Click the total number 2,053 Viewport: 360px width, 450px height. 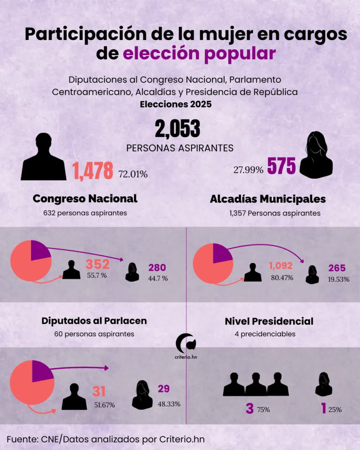pos(177,129)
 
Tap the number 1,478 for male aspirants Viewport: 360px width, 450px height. pos(92,171)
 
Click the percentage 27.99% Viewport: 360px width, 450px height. pos(248,170)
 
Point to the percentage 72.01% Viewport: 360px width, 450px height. pos(133,174)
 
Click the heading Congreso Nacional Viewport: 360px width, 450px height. pos(85,199)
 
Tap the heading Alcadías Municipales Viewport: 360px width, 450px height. pos(268,199)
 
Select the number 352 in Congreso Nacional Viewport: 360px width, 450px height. pos(97,264)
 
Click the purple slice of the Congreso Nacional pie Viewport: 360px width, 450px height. pos(40,250)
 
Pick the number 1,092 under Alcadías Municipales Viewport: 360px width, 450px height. pos(280,266)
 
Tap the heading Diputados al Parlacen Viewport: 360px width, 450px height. pos(94,321)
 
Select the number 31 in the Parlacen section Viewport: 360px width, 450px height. pos(99,392)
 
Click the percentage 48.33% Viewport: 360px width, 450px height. pos(169,404)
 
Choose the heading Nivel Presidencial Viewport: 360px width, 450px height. pos(269,321)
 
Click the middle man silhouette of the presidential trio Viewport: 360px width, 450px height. pos(256,384)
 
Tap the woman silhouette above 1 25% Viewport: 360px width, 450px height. pos(323,384)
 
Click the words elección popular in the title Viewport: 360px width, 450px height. pos(200,54)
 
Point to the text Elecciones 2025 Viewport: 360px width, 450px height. pos(175,104)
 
